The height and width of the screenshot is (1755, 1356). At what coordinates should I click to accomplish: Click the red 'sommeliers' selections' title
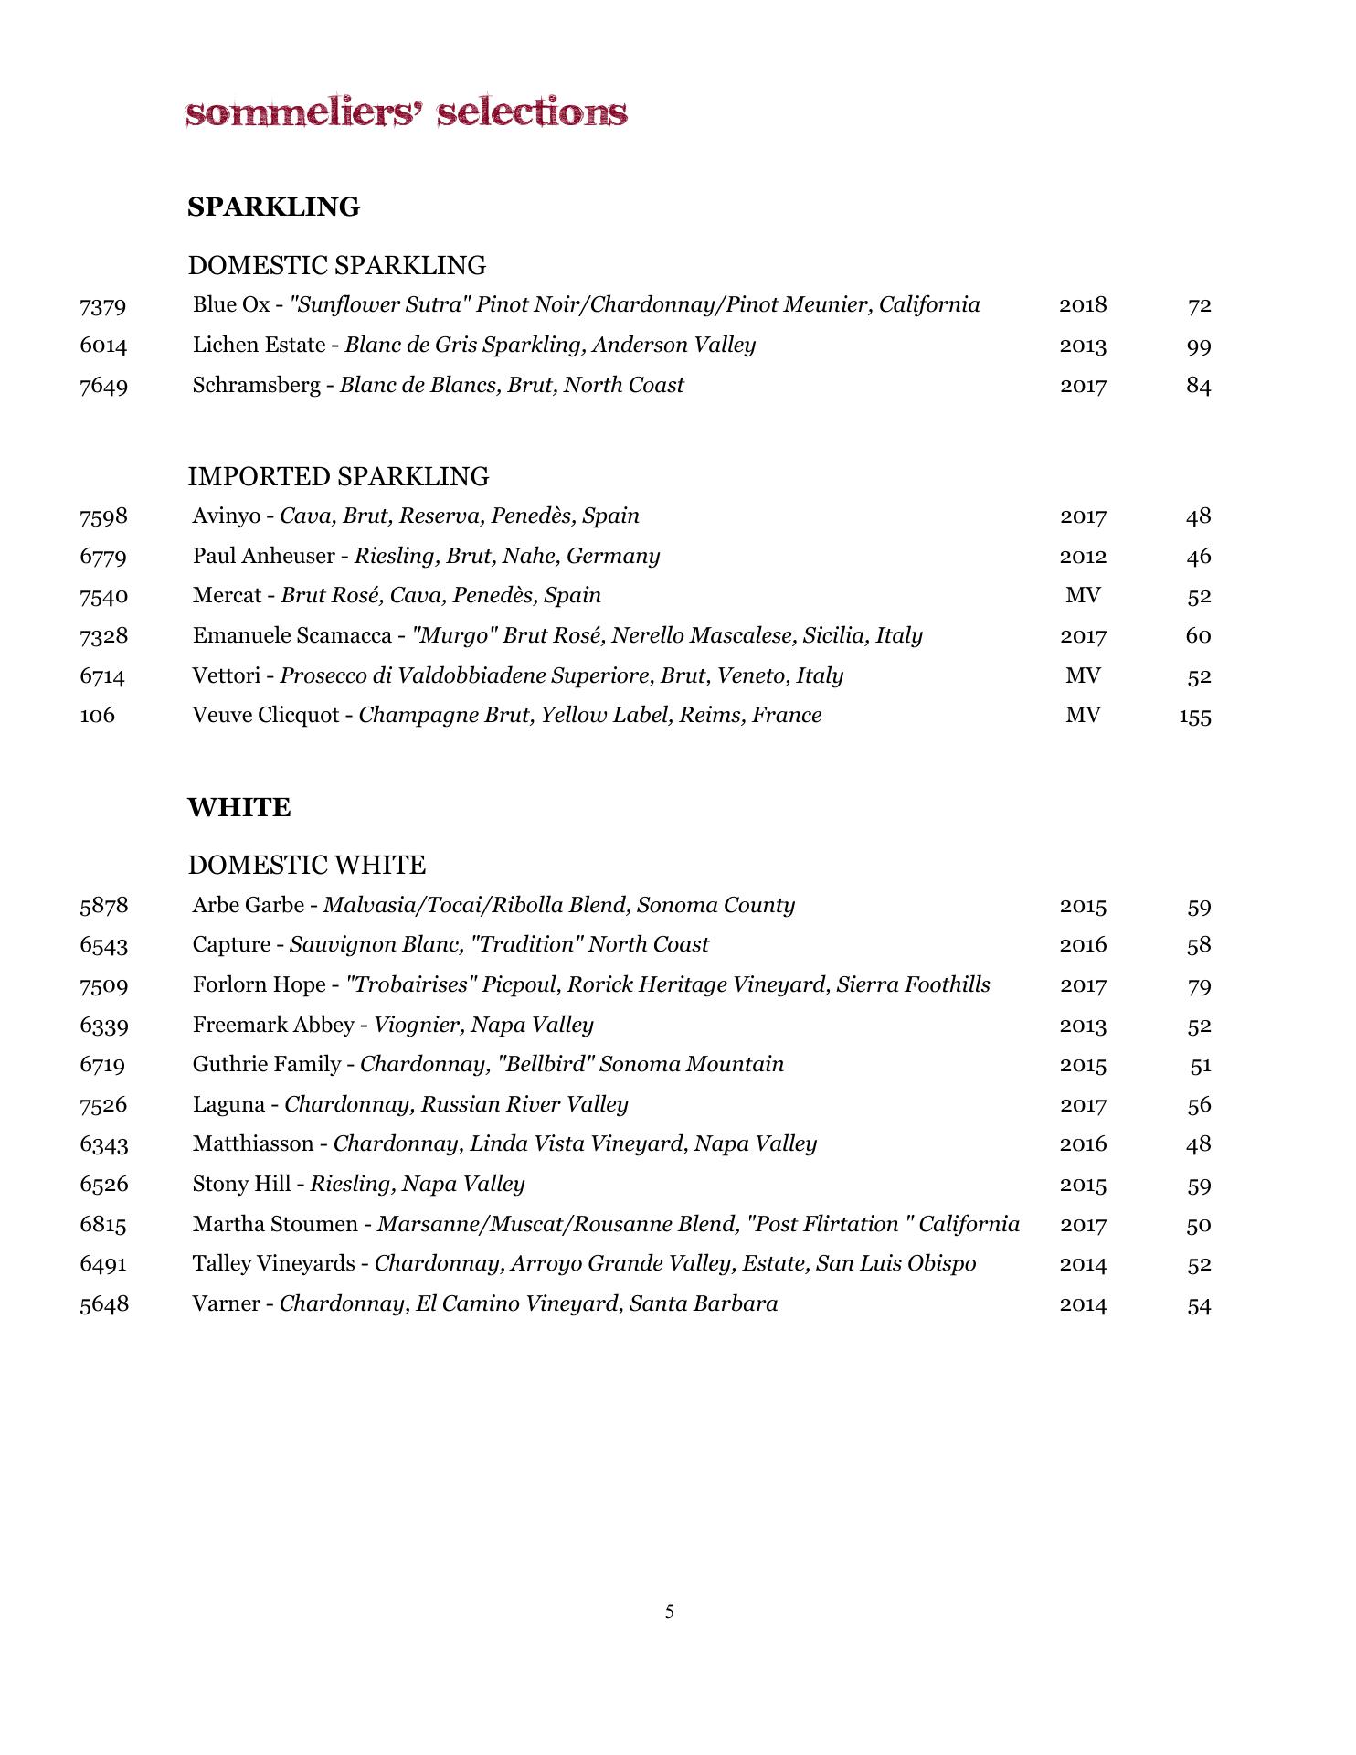pyautogui.click(x=407, y=113)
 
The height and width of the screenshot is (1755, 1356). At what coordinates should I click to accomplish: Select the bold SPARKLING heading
pyautogui.click(x=273, y=207)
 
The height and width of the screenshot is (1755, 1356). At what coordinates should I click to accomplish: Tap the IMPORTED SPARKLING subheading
pyautogui.click(x=338, y=476)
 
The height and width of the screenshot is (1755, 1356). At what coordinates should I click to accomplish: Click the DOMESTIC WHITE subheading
pyautogui.click(x=306, y=865)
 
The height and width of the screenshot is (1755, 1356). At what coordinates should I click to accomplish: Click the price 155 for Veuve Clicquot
pyautogui.click(x=1194, y=717)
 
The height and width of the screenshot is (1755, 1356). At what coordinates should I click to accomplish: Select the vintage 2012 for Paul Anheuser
pyautogui.click(x=1083, y=557)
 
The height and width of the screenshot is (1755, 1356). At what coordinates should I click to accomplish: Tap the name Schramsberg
pyautogui.click(x=256, y=386)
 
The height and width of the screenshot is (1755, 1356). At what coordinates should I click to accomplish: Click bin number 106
pyautogui.click(x=98, y=716)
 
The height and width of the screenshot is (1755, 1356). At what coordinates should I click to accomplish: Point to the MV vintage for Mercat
pyautogui.click(x=1083, y=596)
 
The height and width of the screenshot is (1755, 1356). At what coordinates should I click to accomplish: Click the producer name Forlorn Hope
pyautogui.click(x=259, y=985)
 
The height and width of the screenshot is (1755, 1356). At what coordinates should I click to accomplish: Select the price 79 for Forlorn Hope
pyautogui.click(x=1199, y=986)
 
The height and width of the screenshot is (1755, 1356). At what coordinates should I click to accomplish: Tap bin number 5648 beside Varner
pyautogui.click(x=104, y=1304)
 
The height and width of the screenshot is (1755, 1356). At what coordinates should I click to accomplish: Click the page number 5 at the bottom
pyautogui.click(x=670, y=1611)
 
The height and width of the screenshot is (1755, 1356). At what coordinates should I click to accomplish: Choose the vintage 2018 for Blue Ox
pyautogui.click(x=1083, y=305)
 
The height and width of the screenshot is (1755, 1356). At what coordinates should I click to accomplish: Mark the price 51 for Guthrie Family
pyautogui.click(x=1200, y=1066)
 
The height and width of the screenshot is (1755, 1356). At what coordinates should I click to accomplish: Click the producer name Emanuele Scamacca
pyautogui.click(x=291, y=636)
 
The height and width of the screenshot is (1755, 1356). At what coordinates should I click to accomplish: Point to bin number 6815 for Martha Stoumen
pyautogui.click(x=103, y=1225)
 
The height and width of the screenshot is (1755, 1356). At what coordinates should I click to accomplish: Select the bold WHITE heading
pyautogui.click(x=238, y=808)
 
